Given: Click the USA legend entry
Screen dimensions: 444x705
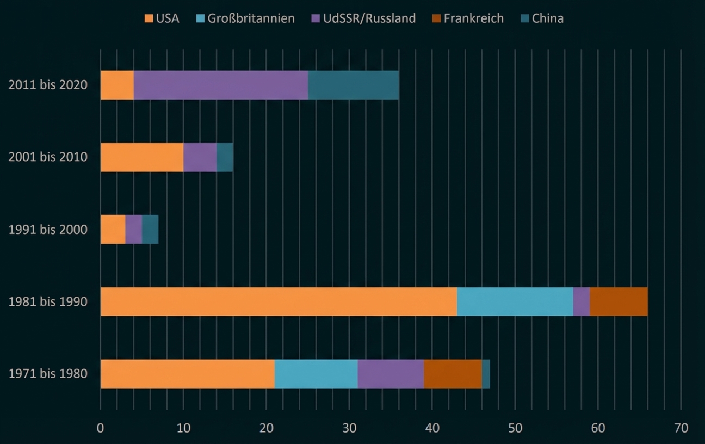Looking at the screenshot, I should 162,18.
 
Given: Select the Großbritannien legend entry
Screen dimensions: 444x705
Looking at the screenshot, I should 245,18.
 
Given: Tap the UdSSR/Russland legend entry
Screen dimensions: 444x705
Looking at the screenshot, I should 363,18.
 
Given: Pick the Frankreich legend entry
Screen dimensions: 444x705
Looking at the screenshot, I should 467,18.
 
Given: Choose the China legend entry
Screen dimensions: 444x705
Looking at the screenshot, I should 542,18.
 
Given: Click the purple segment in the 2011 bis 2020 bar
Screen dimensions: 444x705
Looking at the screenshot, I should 221,85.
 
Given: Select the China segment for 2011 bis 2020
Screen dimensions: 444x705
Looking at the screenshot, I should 354,85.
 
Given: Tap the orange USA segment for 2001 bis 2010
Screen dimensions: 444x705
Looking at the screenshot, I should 142,157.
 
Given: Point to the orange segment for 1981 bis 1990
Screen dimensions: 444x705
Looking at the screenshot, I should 279,301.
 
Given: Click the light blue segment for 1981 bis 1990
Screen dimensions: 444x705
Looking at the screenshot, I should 515,301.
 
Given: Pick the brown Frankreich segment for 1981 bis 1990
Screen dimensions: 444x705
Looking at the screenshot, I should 619,301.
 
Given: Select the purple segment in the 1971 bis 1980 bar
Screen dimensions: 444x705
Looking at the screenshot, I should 391,374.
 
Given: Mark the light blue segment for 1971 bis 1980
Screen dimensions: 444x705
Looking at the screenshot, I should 316,374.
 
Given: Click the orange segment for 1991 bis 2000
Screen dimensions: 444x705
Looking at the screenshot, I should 113,229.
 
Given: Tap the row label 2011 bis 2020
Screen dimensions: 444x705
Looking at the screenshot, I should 48,85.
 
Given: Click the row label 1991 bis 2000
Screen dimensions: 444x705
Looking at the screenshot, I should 48,229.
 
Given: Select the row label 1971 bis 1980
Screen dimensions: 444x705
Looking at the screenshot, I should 48,374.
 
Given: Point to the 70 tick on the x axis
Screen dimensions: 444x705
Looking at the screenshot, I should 681,428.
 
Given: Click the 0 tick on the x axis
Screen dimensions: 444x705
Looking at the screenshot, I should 101,428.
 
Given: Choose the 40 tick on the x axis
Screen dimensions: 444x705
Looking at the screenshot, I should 432,428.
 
